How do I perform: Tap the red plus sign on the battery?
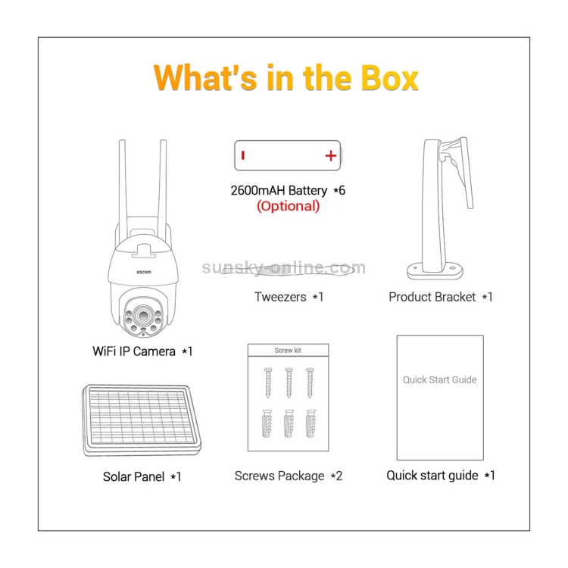point(331,156)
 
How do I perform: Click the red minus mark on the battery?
point(243,155)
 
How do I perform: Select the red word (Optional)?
point(289,206)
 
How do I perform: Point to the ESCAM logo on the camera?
point(144,272)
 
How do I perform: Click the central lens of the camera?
point(143,316)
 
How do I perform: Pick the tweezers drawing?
point(288,270)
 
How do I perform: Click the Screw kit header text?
point(288,351)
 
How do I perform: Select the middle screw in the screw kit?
point(289,382)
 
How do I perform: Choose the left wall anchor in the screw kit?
point(267,423)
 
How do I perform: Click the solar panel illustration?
point(142,420)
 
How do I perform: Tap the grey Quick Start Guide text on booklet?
point(440,379)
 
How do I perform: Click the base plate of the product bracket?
point(435,271)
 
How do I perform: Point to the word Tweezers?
point(280,297)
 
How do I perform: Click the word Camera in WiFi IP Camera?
point(154,351)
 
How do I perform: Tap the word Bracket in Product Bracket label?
point(454,297)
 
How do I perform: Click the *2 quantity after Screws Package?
point(336,476)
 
